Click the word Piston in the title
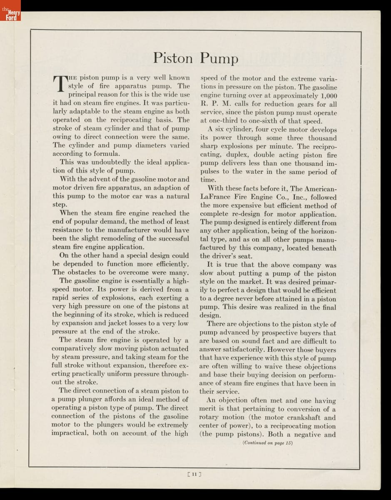pyautogui.click(x=173, y=57)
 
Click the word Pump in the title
pyautogui.click(x=219, y=58)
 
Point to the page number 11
pyautogui.click(x=195, y=473)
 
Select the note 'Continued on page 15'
pyautogui.click(x=268, y=443)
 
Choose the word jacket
pyautogui.click(x=127, y=323)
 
